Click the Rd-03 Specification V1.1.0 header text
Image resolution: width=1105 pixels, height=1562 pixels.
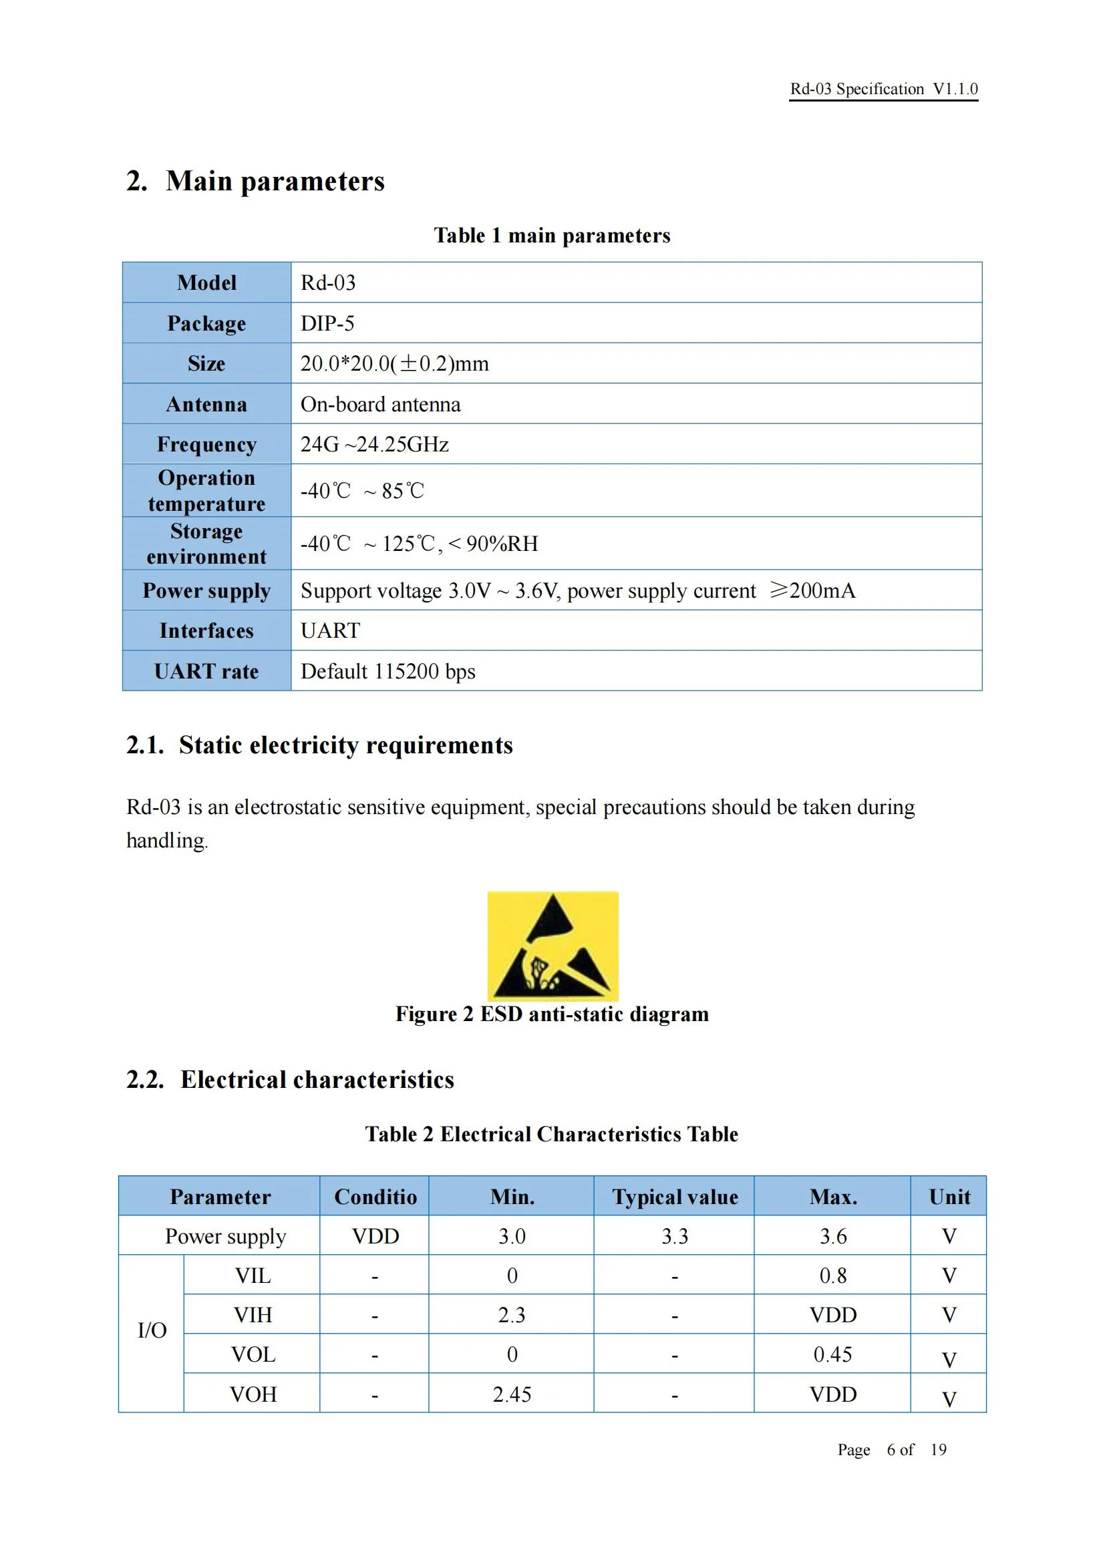[883, 89]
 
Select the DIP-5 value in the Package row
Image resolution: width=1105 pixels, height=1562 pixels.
[327, 323]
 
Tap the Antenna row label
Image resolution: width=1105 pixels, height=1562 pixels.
[206, 404]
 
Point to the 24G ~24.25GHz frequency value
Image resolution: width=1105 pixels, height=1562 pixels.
[374, 444]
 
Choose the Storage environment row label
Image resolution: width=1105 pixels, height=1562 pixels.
[206, 544]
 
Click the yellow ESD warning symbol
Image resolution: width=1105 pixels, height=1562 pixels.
[552, 946]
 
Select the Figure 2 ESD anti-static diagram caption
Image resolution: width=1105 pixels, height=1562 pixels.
[552, 1014]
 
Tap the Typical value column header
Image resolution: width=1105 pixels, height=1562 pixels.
[674, 1197]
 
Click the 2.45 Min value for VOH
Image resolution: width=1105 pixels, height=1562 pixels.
[512, 1394]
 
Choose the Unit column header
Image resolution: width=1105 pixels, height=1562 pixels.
[949, 1197]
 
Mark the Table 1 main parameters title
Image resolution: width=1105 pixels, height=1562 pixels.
[552, 235]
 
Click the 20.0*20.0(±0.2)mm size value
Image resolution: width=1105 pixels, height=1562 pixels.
[395, 363]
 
